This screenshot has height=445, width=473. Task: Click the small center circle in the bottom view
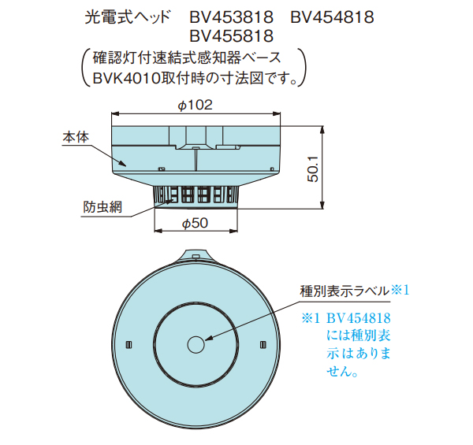196,344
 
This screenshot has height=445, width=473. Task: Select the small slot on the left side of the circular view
131,344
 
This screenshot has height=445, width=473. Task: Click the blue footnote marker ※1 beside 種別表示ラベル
400,290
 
